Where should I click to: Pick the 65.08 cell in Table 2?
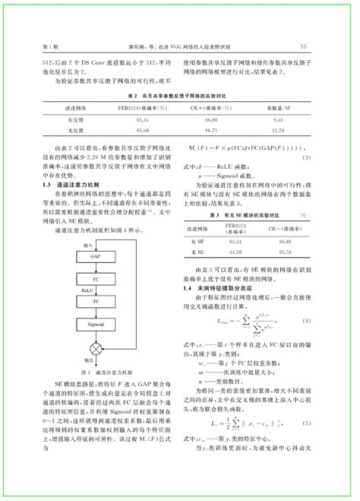(141, 131)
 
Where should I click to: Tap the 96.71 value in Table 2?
(211, 131)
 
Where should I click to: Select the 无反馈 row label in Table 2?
(75, 131)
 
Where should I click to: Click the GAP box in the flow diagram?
(95, 257)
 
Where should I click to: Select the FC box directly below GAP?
(95, 279)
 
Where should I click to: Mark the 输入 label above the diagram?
(89, 246)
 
